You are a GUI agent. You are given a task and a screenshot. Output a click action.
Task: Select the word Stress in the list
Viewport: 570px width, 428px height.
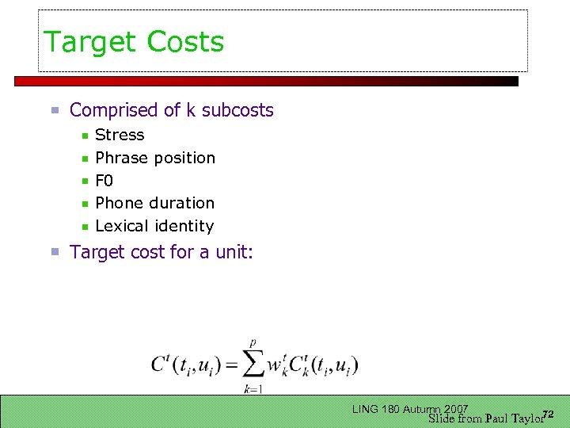coord(120,135)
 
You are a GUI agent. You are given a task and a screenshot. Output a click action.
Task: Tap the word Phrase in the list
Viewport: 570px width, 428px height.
coord(120,158)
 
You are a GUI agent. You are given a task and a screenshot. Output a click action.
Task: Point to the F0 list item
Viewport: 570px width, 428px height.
coord(104,181)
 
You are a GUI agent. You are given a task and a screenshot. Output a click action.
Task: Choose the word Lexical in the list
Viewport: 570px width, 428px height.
coord(121,226)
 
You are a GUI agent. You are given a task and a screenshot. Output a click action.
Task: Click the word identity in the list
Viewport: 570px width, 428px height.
coord(184,226)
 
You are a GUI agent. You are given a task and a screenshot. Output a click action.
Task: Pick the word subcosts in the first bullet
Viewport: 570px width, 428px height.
coord(237,110)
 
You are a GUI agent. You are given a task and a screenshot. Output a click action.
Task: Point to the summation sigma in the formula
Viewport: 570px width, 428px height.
coord(253,365)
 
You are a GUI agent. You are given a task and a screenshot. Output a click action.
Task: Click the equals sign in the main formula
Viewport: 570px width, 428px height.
coord(230,365)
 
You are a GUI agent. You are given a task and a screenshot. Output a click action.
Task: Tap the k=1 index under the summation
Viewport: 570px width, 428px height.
coord(253,388)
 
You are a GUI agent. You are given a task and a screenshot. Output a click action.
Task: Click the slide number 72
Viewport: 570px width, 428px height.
coord(547,414)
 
